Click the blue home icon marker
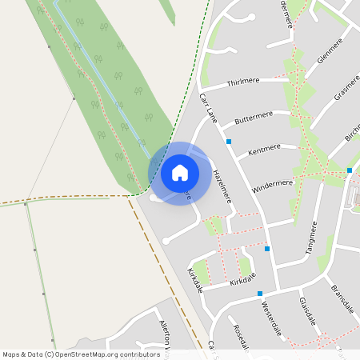point(180,172)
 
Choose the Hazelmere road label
point(222,184)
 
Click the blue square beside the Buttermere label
point(229,142)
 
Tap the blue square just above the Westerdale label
point(260,294)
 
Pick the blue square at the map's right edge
point(350,170)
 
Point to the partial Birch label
point(352,127)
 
